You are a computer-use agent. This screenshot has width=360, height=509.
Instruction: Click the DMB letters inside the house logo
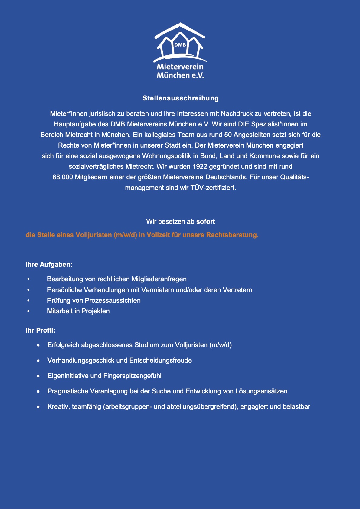coord(180,45)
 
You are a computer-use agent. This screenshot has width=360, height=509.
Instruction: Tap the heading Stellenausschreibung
coord(181,98)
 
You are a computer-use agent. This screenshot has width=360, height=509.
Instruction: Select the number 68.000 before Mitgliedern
coord(63,177)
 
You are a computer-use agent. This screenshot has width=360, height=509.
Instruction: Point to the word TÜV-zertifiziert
coord(213,188)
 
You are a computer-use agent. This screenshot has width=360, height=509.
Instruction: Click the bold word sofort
coord(206,222)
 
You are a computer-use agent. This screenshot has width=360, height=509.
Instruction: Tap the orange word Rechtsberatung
coord(232,235)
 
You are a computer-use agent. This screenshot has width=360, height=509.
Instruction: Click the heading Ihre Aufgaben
coord(49,265)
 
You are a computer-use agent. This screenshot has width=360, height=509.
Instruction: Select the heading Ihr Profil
coord(41,331)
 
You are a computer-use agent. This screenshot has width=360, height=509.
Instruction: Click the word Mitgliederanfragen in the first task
coord(159,279)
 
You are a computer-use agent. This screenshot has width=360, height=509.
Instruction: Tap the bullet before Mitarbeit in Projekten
coord(28,311)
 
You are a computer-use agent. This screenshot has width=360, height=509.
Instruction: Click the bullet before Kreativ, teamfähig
coord(38,407)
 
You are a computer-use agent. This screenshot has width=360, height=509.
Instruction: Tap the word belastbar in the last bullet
coord(296,407)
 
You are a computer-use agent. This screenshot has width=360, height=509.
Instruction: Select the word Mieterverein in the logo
coord(180,67)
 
